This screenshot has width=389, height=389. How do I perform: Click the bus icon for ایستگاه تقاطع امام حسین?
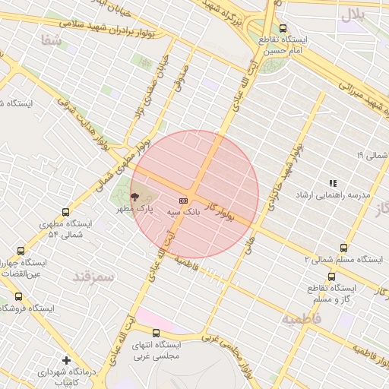coord(283,28)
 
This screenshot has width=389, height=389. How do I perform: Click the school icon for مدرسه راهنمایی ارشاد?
coord(333,183)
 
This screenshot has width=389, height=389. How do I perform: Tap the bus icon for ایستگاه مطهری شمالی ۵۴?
coord(65,213)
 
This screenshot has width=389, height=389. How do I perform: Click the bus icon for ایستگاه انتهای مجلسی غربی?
coord(156,333)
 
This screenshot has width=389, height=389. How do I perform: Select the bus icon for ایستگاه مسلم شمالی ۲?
coord(343,248)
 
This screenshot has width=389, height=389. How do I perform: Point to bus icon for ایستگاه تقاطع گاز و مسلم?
coord(330,277)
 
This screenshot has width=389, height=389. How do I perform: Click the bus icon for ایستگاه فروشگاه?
coord(18,296)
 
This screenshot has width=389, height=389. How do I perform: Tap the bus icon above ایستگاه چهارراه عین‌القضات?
coord(20,251)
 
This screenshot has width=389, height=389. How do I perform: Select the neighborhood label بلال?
coord(353,14)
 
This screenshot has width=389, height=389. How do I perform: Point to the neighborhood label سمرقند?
coord(93,277)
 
